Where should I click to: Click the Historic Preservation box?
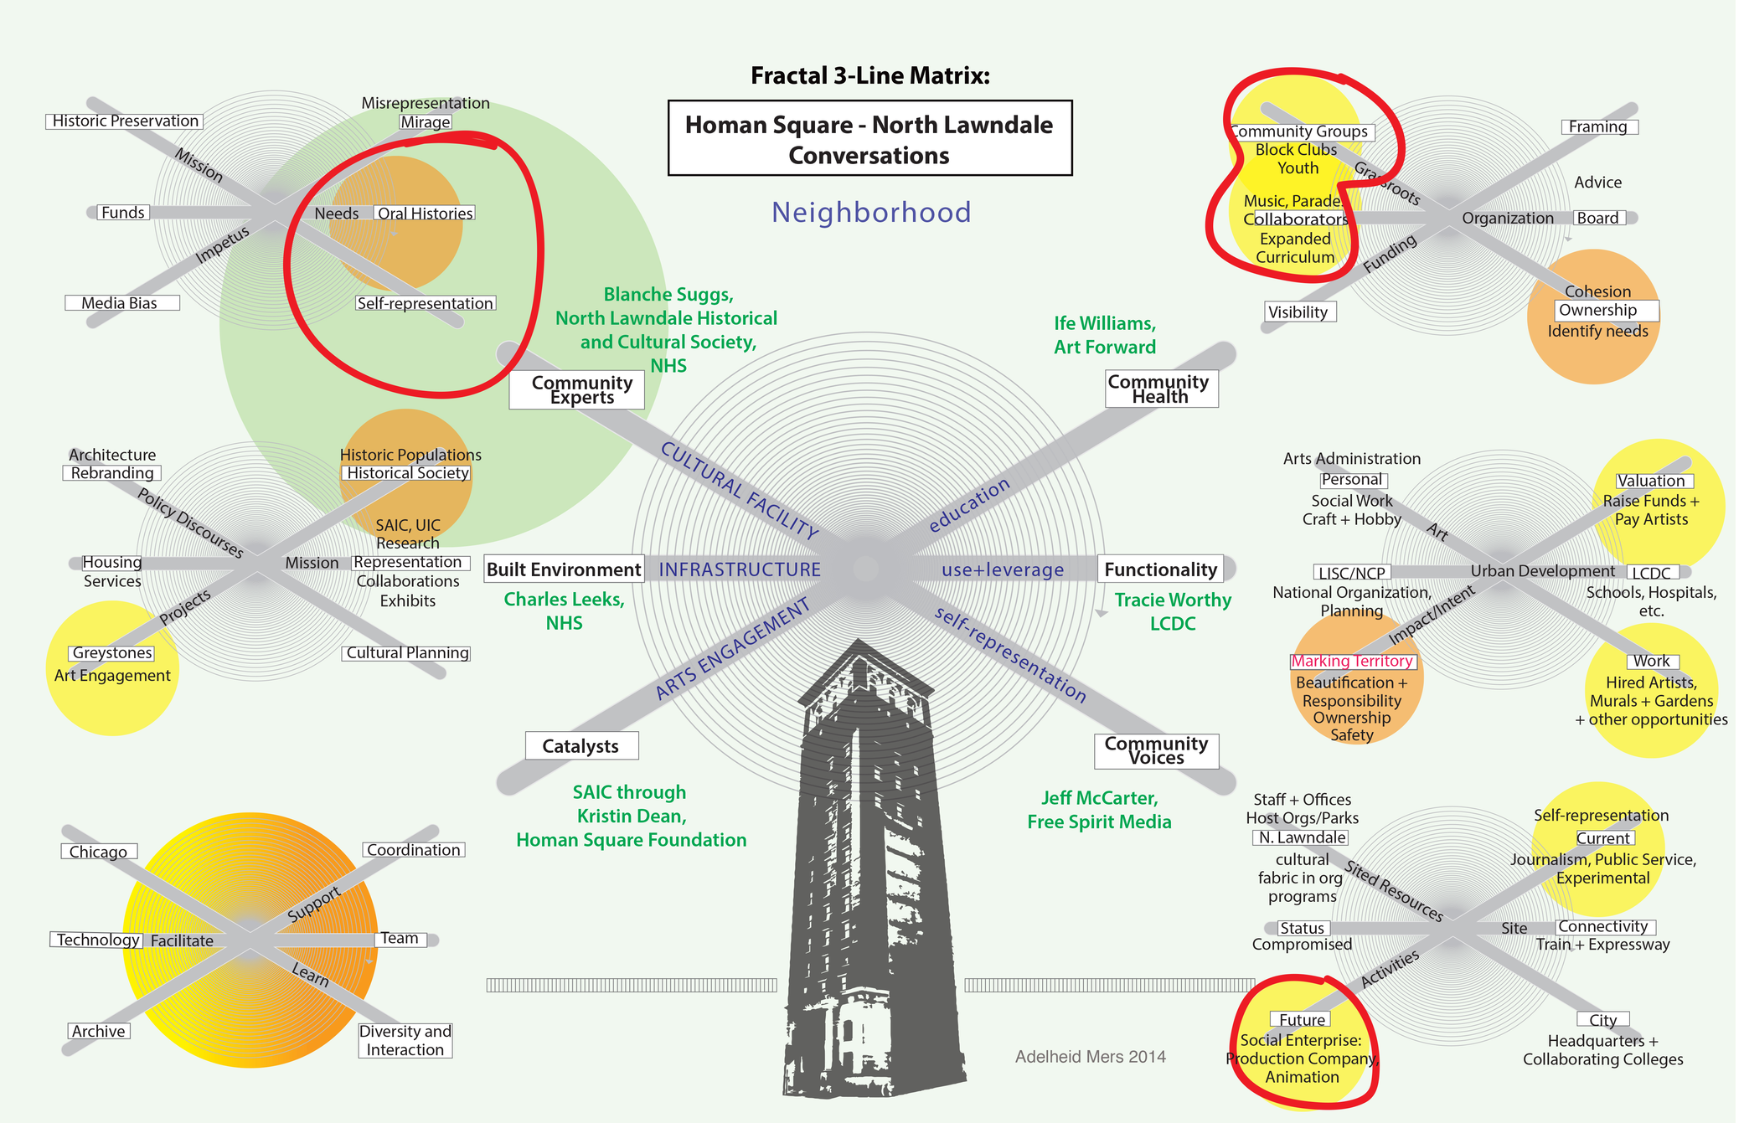[x=125, y=121]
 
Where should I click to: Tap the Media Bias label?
[x=121, y=303]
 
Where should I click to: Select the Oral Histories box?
[x=425, y=214]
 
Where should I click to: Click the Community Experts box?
[x=578, y=390]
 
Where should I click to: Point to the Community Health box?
[x=1160, y=389]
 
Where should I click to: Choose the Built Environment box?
[x=564, y=569]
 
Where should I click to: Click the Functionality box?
[x=1160, y=569]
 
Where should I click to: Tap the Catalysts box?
[x=580, y=746]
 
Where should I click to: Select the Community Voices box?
[x=1156, y=750]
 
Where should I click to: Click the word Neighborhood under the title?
[x=871, y=213]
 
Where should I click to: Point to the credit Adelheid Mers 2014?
[x=1090, y=1057]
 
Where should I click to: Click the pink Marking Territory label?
[x=1352, y=662]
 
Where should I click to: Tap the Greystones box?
[x=112, y=653]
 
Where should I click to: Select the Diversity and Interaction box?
[x=406, y=1041]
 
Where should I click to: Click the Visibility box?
[x=1298, y=312]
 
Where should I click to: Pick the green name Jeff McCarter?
[x=1099, y=798]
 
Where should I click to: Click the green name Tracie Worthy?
[x=1173, y=600]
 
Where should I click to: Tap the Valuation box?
[x=1650, y=481]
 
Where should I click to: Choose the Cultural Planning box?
[x=408, y=653]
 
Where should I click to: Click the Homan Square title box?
[x=869, y=139]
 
